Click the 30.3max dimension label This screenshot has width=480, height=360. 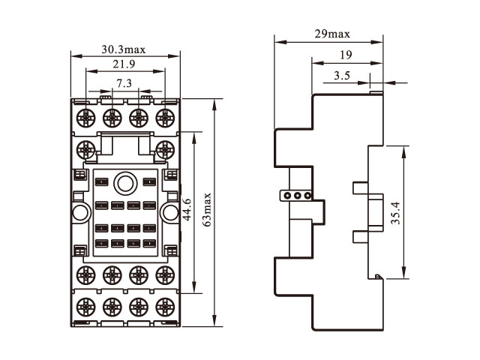(124, 51)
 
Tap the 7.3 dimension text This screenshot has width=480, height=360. (124, 82)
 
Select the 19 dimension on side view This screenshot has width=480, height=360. (345, 55)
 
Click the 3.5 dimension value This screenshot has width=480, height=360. (342, 76)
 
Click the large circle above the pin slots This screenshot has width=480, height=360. (124, 182)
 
